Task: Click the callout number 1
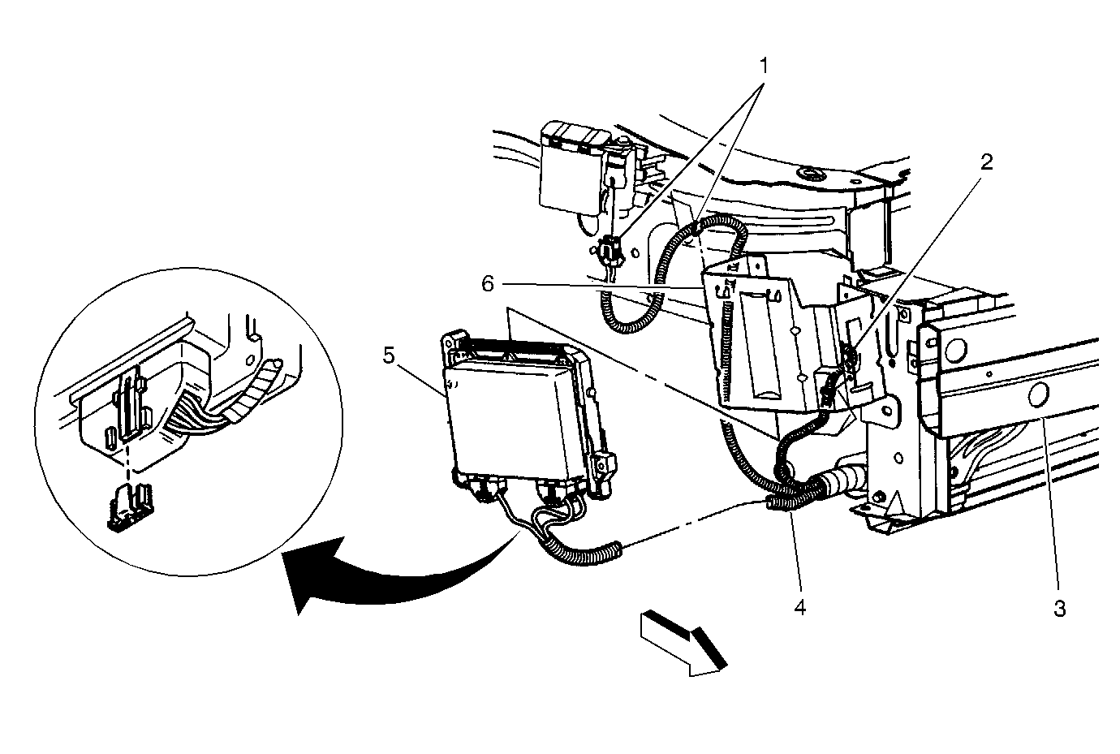pyautogui.click(x=764, y=66)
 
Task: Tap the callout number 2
pyautogui.click(x=986, y=162)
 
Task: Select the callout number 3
pyautogui.click(x=1059, y=609)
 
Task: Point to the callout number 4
pyautogui.click(x=799, y=607)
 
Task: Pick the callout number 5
pyautogui.click(x=389, y=355)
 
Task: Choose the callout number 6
pyautogui.click(x=488, y=284)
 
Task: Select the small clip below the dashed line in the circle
pyautogui.click(x=129, y=507)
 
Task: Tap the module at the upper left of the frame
pyautogui.click(x=575, y=167)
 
